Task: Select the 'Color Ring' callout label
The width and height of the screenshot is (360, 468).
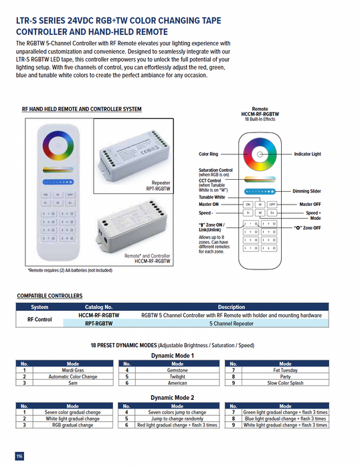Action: (208, 154)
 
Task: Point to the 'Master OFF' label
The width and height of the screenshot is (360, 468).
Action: (311, 204)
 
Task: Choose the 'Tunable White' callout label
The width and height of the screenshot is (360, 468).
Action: (211, 197)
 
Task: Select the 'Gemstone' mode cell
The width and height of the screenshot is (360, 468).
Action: (177, 370)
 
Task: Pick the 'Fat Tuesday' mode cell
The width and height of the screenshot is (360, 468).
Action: (285, 370)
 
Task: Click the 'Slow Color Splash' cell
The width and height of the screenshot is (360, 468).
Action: (285, 383)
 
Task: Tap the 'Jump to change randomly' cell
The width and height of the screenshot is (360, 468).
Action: (177, 419)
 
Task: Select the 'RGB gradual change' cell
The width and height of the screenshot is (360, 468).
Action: (73, 425)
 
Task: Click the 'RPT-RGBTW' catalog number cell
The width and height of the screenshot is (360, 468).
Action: (98, 323)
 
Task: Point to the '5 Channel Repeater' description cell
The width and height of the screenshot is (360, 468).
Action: (232, 323)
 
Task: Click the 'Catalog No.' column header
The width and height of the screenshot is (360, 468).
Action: (98, 308)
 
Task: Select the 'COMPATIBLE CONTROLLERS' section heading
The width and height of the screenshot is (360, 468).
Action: (50, 296)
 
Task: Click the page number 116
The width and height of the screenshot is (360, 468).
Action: (19, 456)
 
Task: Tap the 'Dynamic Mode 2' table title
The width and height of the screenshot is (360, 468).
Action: (172, 397)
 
